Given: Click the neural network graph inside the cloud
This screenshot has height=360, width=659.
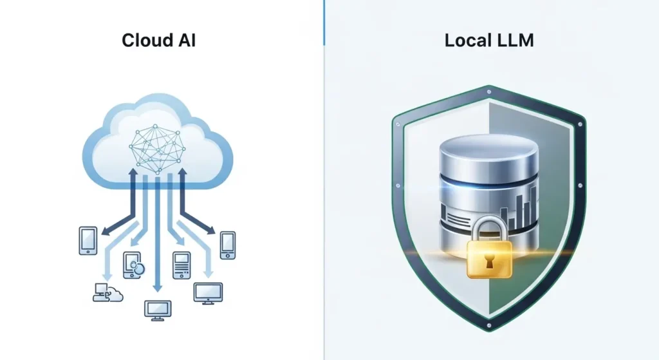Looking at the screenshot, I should click(157, 147).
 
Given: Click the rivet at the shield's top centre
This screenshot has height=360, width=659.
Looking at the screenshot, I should click(489, 91).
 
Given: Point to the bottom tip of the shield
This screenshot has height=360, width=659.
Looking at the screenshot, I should click(489, 330).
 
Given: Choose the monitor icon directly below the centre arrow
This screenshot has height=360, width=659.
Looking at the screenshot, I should click(157, 310).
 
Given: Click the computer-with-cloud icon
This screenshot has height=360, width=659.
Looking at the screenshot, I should click(106, 292).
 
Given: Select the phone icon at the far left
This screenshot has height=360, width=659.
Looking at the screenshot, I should click(88, 240).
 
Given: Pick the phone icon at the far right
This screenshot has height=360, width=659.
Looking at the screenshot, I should click(227, 245).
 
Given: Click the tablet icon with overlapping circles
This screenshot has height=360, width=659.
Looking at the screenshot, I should click(133, 265).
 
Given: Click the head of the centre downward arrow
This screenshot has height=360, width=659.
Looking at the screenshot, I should click(157, 289).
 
